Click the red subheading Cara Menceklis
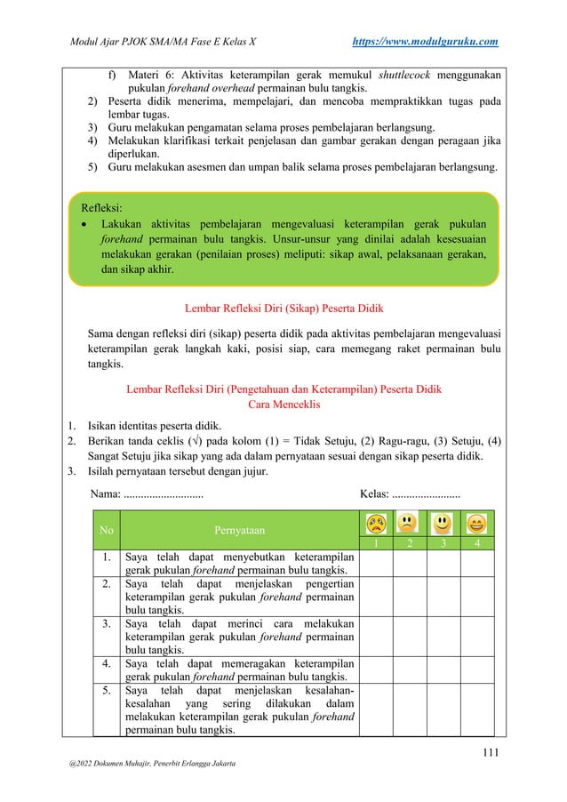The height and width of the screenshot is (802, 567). (x=283, y=405)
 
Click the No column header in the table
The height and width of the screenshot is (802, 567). (x=107, y=531)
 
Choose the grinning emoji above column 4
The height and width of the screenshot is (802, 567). (x=476, y=524)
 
